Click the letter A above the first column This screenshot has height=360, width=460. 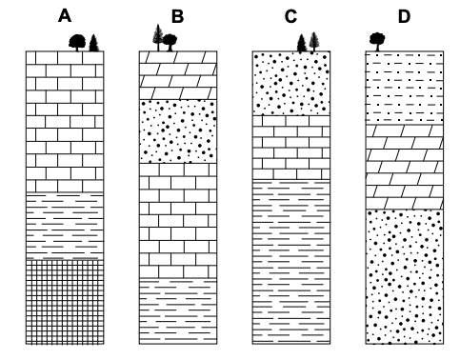point(65,16)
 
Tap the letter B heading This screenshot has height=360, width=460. point(178,16)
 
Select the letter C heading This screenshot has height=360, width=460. point(290,16)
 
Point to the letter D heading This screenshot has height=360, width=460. point(404,16)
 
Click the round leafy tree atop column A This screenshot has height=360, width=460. point(77,43)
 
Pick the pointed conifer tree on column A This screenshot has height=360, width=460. point(93,43)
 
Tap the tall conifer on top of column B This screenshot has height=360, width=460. point(158,37)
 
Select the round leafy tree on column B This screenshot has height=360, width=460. point(170,42)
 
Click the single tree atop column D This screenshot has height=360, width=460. point(377,42)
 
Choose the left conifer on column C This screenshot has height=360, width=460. point(302,43)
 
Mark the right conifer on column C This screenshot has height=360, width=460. point(314,42)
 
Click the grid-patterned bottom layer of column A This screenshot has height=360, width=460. point(65,302)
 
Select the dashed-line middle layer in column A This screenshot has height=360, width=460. point(65,227)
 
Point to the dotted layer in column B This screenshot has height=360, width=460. point(178,131)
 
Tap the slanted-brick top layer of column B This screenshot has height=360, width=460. point(178,75)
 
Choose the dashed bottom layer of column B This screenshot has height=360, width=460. point(178,311)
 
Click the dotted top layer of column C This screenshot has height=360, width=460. point(291,83)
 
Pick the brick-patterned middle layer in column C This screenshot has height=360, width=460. point(291,148)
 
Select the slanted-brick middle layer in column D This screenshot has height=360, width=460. point(405,167)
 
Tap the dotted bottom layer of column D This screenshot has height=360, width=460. point(405,277)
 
